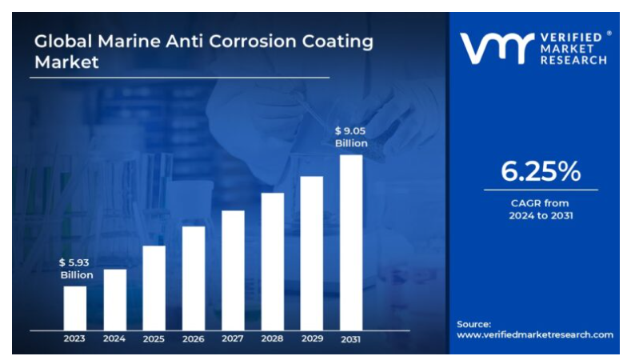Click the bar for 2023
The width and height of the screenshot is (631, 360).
point(74,307)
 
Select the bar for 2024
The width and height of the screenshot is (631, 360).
point(114,299)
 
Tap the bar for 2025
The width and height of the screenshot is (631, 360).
point(154,287)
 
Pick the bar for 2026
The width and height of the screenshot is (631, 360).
point(193,278)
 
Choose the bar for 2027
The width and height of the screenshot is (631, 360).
point(233,270)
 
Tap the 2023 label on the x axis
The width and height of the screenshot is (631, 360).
point(74,338)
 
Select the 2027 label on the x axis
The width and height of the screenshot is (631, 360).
point(233,338)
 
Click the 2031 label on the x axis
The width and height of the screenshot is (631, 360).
point(350,338)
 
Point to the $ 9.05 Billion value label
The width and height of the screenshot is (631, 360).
point(350,137)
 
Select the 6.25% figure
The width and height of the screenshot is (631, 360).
point(541,170)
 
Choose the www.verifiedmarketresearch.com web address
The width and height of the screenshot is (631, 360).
point(534,334)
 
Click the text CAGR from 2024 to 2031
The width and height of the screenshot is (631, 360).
point(541,210)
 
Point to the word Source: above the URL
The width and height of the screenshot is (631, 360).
point(473,323)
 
